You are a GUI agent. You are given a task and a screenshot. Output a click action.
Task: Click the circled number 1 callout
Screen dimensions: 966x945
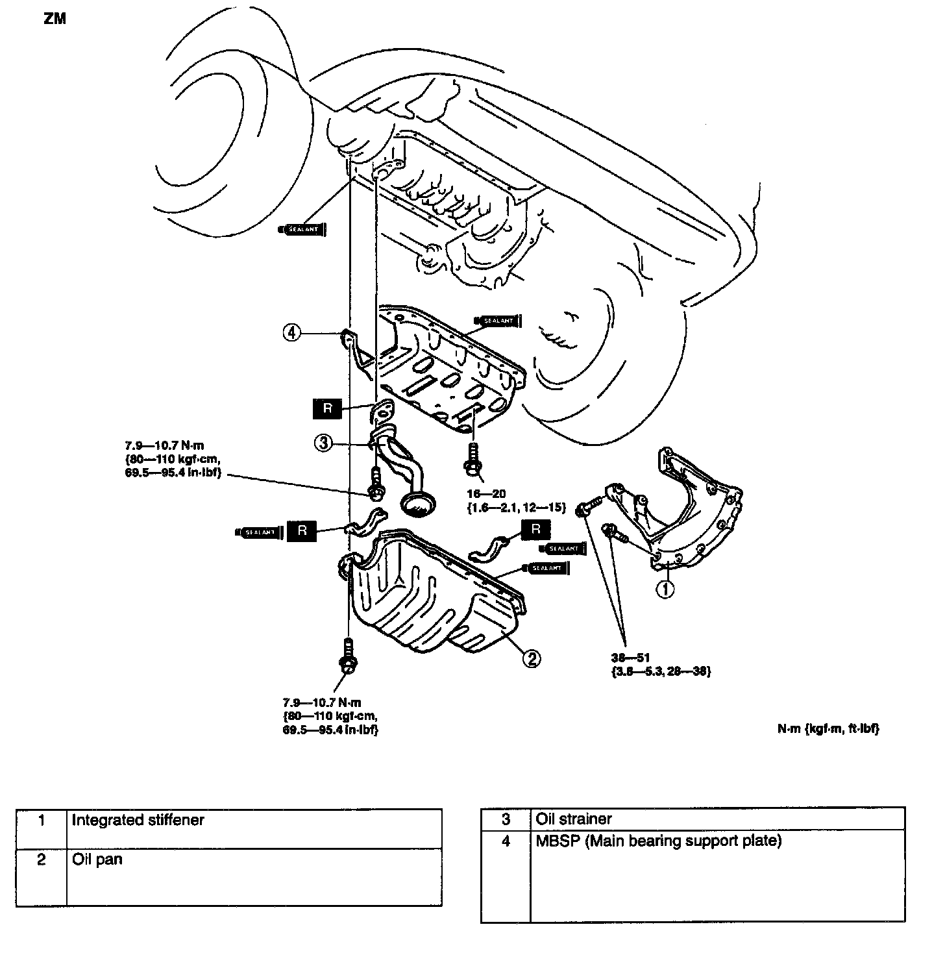coord(667,589)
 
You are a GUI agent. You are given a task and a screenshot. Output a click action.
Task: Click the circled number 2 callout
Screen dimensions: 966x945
coord(531,658)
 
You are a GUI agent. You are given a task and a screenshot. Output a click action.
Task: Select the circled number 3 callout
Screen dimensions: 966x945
coord(324,443)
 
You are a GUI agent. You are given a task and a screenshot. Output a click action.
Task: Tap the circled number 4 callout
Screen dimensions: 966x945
coord(292,333)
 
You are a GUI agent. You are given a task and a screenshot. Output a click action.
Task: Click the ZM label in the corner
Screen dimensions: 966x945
coord(55,19)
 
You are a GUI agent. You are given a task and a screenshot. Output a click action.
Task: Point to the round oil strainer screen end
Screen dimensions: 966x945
coord(419,503)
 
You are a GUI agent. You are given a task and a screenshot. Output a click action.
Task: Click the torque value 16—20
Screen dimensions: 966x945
coord(486,494)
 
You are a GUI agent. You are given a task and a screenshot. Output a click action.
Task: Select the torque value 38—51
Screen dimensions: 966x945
coord(635,658)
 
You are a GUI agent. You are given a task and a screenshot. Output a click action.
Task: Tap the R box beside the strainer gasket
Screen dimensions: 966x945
coord(328,408)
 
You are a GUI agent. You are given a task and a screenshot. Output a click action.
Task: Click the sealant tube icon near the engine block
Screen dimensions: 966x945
coord(302,229)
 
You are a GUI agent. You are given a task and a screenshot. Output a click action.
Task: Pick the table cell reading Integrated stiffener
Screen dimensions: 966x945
coord(138,820)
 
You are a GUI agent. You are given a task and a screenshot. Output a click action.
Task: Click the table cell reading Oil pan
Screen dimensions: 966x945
coord(97,860)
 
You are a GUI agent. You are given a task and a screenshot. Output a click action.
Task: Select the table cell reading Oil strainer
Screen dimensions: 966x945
coord(574,819)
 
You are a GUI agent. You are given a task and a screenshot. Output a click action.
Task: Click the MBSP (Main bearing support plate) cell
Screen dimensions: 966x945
coord(658,841)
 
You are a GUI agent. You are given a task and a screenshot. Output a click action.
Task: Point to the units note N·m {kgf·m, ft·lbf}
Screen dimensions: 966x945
coord(829,729)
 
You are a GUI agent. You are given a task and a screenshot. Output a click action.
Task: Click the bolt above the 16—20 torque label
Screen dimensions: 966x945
coord(471,457)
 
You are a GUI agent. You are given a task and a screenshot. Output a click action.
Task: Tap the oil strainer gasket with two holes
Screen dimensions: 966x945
coord(382,410)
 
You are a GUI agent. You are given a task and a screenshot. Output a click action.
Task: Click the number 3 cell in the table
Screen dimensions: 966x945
coord(506,819)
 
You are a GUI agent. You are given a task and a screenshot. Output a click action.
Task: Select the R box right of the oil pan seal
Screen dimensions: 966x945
coord(535,528)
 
